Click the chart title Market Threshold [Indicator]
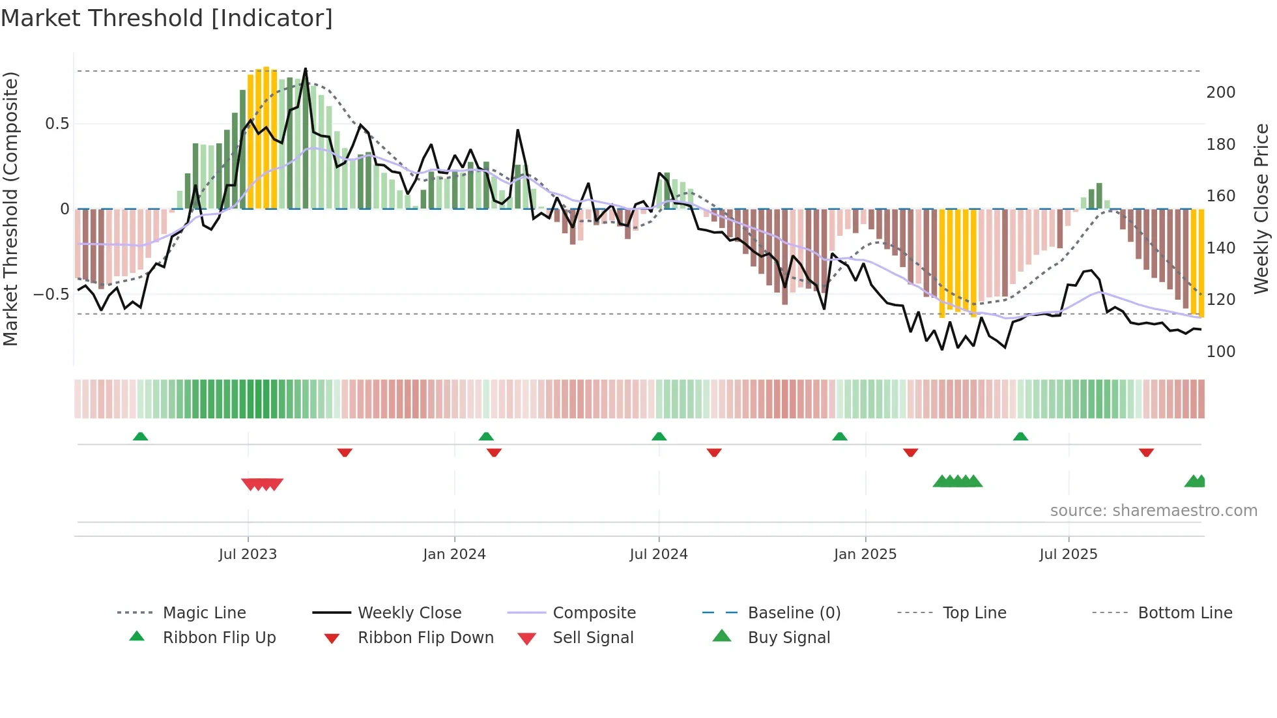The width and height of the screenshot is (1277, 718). [167, 18]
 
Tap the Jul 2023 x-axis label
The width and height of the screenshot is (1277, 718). [248, 554]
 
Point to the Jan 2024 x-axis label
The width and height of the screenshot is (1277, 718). [454, 554]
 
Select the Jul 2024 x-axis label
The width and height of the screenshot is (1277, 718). [658, 554]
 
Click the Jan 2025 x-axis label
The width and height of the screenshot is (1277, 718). [865, 554]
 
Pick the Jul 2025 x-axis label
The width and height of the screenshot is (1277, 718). [1068, 554]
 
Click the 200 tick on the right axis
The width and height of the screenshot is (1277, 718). [1220, 93]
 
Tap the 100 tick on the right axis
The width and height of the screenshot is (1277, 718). [1220, 352]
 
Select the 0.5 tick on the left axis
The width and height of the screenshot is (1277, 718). [57, 124]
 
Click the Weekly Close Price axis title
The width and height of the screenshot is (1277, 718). [1261, 208]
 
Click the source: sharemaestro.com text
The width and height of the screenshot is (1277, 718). [1153, 511]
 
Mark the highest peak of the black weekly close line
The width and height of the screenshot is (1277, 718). [306, 69]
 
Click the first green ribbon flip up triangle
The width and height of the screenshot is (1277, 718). [140, 437]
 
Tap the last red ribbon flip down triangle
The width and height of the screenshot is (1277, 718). [1146, 452]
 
